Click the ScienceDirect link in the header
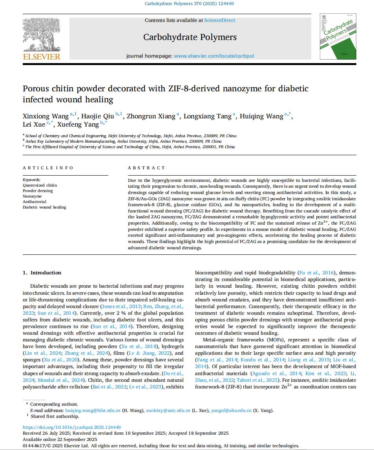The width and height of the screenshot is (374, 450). [220, 20]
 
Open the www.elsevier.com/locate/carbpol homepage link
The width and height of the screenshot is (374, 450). [214, 56]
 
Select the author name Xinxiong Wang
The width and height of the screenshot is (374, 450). [45, 116]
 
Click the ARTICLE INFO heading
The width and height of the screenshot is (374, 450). [48, 168]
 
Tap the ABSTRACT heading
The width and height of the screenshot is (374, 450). [146, 168]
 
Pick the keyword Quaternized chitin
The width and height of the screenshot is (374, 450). [40, 185]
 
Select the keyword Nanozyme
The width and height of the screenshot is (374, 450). [32, 196]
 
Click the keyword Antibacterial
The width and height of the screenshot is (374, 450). [35, 201]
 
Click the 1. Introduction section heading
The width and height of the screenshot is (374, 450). [42, 273]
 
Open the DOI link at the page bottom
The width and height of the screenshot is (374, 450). [72, 427]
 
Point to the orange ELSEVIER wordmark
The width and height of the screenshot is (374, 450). [42, 57]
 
